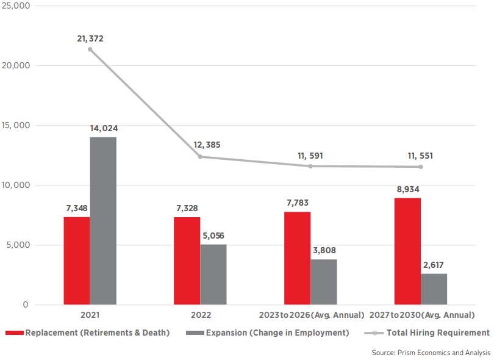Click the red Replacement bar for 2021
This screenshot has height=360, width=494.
(77, 261)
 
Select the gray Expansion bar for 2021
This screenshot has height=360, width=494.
(103, 221)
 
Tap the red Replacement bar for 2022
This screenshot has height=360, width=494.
(187, 261)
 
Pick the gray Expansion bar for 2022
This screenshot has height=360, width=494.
(213, 275)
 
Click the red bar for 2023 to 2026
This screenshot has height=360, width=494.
(297, 258)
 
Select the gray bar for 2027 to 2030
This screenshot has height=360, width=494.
(434, 289)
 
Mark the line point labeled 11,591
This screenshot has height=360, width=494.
(310, 166)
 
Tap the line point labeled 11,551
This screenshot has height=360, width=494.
(420, 167)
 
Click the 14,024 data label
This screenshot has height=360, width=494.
(103, 129)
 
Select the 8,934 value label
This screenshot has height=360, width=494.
(407, 190)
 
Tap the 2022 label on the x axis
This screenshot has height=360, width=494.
(200, 315)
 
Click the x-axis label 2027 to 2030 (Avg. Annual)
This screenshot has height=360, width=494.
(421, 315)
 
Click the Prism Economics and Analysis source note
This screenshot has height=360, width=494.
(431, 353)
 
